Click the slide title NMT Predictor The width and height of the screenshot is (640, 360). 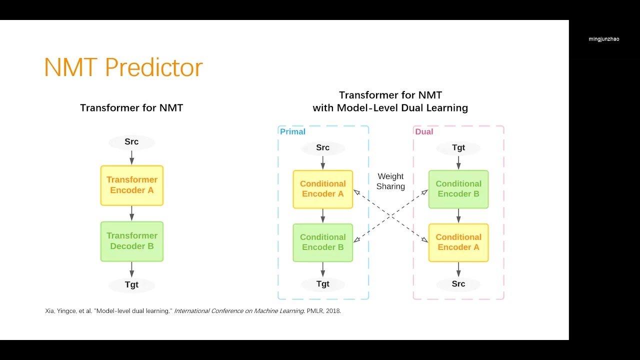[123, 67]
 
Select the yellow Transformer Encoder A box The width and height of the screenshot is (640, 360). [132, 185]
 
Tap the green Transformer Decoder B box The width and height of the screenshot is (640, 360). [132, 241]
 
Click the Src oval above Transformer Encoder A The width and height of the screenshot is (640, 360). [131, 142]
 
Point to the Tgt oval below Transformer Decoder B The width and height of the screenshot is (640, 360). [131, 284]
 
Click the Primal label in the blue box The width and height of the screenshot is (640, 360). [292, 131]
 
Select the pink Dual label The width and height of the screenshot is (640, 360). [424, 131]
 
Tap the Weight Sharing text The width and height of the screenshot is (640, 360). [390, 181]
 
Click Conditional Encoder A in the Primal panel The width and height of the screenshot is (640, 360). [322, 189]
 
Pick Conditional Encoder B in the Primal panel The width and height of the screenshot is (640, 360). [322, 242]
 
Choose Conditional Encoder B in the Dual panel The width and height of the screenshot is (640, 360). [458, 189]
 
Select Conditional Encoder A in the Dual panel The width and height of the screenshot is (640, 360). [458, 242]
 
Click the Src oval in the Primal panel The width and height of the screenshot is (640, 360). [322, 147]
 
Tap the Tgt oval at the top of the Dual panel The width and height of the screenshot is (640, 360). [458, 147]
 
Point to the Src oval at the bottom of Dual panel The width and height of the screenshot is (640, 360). [458, 284]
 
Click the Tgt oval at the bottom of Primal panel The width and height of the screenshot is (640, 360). [322, 284]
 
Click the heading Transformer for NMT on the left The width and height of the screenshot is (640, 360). [131, 108]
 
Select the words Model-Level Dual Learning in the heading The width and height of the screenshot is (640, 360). [402, 108]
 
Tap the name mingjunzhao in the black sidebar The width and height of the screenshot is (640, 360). [603, 39]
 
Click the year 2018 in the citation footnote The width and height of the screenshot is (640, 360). [333, 311]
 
